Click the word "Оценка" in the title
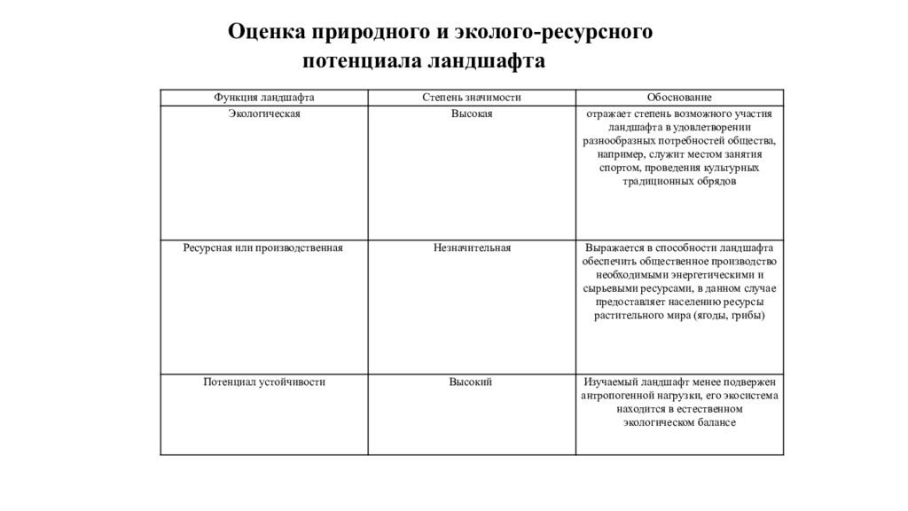[264, 33]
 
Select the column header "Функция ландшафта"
[264, 98]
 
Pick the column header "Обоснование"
[679, 98]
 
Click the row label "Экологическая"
[264, 114]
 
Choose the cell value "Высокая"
[471, 114]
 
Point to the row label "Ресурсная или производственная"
[263, 248]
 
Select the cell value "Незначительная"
[471, 248]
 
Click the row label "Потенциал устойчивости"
[264, 382]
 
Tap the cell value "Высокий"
[471, 382]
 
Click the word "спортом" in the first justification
[618, 168]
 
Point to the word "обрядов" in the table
[718, 181]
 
